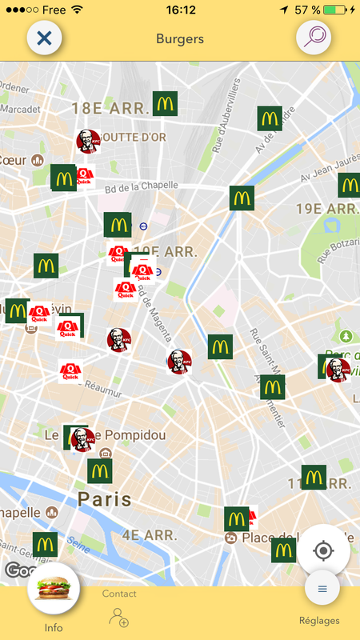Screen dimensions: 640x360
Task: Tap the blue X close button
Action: pos(45,38)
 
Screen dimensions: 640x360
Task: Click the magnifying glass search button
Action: pos(314,38)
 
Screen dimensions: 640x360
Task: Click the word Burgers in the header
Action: pos(180,38)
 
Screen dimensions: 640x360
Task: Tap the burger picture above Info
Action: pos(53,591)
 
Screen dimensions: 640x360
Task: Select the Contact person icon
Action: pos(119,617)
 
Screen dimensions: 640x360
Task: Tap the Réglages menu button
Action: pos(322,590)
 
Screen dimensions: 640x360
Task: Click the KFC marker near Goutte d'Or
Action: pos(87,142)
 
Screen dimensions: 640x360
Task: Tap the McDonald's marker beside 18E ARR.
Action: pos(165,103)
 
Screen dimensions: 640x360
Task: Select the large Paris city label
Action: pos(104,500)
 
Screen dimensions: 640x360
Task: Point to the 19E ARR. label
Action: pos(326,210)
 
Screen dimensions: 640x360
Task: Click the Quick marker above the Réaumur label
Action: pos(70,370)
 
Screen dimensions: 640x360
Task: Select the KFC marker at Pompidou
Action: pos(81,438)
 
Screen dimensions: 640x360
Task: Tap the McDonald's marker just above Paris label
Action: pos(100,471)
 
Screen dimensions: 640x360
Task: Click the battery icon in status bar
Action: pos(337,10)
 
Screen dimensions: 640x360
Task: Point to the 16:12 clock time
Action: pos(181,10)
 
